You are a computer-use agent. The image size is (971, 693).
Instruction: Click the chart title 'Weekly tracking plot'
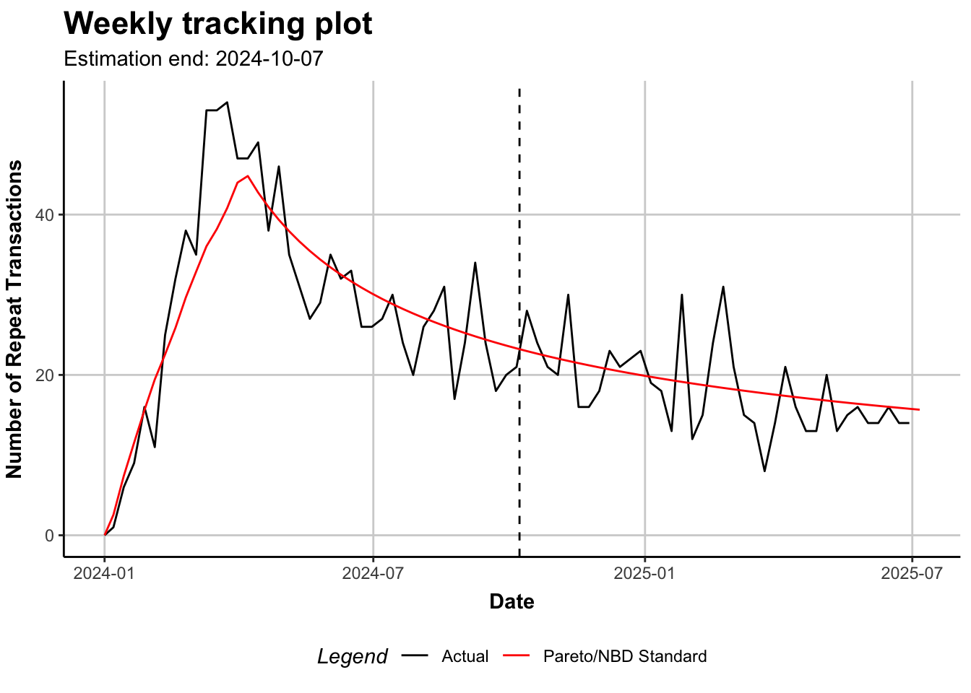pyautogui.click(x=217, y=24)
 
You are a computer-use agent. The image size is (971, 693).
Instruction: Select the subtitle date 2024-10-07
pyautogui.click(x=269, y=58)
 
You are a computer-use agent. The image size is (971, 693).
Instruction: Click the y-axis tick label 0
pyautogui.click(x=50, y=536)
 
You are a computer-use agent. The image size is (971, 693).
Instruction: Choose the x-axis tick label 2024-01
pyautogui.click(x=105, y=573)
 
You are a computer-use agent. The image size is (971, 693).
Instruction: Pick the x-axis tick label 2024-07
pyautogui.click(x=373, y=573)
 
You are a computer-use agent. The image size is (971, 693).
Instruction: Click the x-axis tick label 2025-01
pyautogui.click(x=644, y=573)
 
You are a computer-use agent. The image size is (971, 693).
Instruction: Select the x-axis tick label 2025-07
pyautogui.click(x=912, y=573)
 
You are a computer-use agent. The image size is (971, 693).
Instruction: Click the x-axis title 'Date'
pyautogui.click(x=512, y=601)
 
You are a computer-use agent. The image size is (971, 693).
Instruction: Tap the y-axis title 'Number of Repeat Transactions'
pyautogui.click(x=14, y=319)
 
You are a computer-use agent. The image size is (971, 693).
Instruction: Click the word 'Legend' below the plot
pyautogui.click(x=352, y=656)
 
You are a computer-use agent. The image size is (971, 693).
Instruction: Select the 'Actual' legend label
pyautogui.click(x=465, y=656)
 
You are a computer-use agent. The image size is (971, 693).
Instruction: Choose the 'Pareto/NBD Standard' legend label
pyautogui.click(x=625, y=656)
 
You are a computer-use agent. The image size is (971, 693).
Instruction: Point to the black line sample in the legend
pyautogui.click(x=415, y=656)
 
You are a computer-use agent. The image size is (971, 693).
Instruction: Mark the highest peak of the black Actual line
pyautogui.click(x=227, y=103)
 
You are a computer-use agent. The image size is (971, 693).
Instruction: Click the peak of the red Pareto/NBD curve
pyautogui.click(x=248, y=175)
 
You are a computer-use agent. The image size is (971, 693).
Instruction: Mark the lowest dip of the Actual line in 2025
pyautogui.click(x=764, y=471)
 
